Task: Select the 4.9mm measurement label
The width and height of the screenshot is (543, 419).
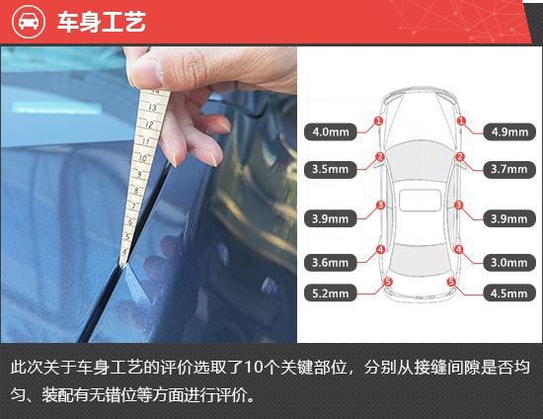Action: [509, 130]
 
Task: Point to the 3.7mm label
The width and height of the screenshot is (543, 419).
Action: [509, 169]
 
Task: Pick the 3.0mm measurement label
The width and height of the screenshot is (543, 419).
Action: [509, 263]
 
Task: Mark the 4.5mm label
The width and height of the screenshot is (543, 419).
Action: [509, 293]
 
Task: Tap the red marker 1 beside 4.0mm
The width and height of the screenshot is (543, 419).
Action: [378, 122]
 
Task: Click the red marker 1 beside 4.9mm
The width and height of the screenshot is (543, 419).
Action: [461, 122]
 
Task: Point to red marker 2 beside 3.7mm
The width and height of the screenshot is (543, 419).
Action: [460, 157]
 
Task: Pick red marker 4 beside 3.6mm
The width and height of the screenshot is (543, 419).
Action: [380, 250]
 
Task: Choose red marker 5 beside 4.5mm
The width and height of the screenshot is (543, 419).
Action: [451, 283]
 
